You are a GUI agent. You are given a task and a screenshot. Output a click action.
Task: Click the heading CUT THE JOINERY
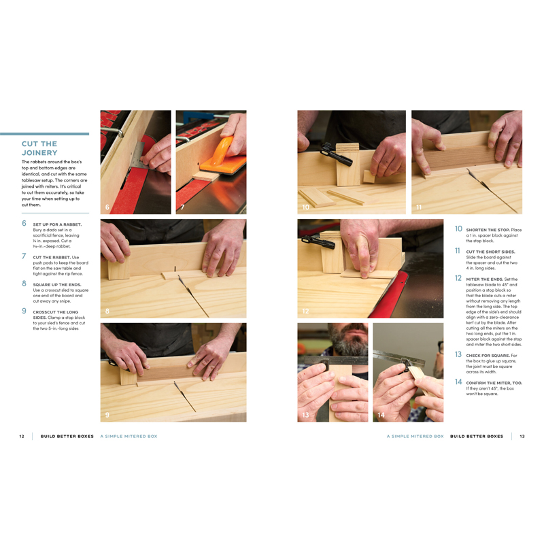coord(39,148)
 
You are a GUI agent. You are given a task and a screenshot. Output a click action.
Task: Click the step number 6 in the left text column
coord(24,223)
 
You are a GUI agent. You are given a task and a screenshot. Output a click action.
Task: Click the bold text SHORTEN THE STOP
coord(488,230)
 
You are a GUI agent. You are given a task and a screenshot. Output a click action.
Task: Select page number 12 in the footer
coord(22,436)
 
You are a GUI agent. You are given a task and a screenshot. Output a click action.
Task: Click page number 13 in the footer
coord(522,436)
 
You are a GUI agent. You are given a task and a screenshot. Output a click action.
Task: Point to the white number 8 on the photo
coord(107,311)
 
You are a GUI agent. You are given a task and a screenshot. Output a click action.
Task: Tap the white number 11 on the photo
coord(419,207)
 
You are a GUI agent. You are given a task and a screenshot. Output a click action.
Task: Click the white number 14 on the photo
coord(381,414)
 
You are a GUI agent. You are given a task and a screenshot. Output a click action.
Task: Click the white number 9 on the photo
coord(107,414)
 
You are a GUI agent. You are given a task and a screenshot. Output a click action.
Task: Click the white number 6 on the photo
coord(107,207)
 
